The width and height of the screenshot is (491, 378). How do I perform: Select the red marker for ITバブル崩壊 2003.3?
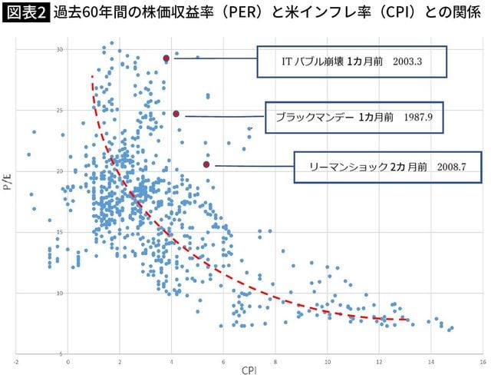166,58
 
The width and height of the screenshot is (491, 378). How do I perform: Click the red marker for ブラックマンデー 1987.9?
176,114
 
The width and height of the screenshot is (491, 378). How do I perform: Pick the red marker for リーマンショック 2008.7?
206,164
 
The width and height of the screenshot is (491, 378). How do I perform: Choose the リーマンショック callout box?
381,166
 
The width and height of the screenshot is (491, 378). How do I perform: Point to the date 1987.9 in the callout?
420,118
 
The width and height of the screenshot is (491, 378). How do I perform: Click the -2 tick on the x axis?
16,360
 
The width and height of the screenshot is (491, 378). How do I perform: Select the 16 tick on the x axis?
482,360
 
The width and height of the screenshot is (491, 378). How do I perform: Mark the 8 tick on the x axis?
275,360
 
